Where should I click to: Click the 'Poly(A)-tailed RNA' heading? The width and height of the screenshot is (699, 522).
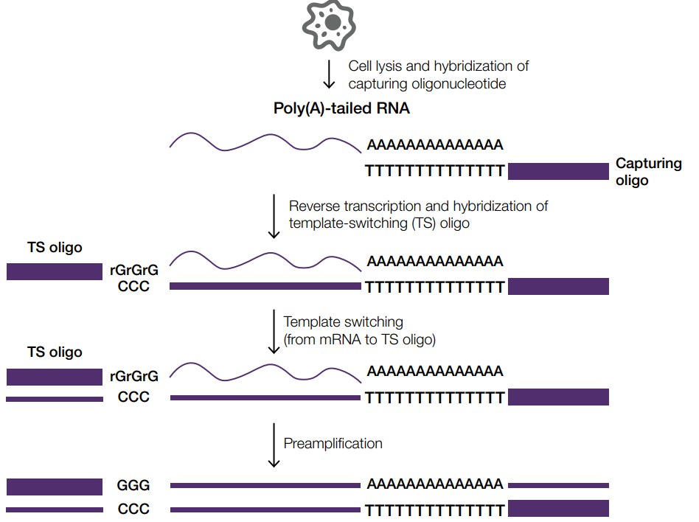pyautogui.click(x=341, y=110)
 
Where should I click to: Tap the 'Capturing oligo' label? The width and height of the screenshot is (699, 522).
pyautogui.click(x=648, y=172)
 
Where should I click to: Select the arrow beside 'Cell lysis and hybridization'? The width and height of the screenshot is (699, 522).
pyautogui.click(x=329, y=74)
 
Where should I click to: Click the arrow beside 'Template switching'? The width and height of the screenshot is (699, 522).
pyautogui.click(x=274, y=331)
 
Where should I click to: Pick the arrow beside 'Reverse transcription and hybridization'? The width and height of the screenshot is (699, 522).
pyautogui.click(x=274, y=215)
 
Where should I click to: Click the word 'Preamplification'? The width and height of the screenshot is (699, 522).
pyautogui.click(x=333, y=443)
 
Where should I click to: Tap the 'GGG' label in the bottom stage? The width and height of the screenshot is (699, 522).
pyautogui.click(x=133, y=485)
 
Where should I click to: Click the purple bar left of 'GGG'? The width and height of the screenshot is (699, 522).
pyautogui.click(x=55, y=486)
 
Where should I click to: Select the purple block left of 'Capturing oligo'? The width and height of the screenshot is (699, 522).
pyautogui.click(x=558, y=172)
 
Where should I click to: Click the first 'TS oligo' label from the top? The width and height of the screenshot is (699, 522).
pyautogui.click(x=55, y=248)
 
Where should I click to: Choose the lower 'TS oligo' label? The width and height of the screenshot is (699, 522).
pyautogui.click(x=55, y=352)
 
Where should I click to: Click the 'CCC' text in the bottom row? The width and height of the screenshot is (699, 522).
pyautogui.click(x=133, y=509)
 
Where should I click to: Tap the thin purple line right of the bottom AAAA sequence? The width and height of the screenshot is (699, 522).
pyautogui.click(x=558, y=485)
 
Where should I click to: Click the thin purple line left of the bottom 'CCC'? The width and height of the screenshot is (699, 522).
pyautogui.click(x=55, y=509)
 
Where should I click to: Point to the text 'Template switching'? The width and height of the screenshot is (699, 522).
pyautogui.click(x=344, y=322)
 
